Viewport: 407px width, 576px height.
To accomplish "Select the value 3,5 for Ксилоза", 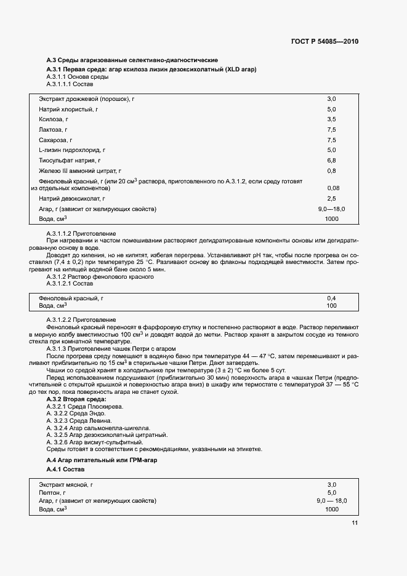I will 331,119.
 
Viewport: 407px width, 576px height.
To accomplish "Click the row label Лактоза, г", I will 53,129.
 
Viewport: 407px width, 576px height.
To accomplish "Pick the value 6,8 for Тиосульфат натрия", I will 331,160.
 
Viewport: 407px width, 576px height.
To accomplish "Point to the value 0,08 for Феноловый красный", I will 334,188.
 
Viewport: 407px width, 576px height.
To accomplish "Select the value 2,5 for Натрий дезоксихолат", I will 331,198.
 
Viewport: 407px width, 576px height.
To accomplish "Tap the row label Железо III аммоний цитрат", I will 79,170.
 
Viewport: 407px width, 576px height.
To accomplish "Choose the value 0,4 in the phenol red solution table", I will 331,298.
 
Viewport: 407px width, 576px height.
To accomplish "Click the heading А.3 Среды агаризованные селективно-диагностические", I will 132,60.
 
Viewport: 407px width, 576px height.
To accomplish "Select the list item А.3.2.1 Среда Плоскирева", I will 85,407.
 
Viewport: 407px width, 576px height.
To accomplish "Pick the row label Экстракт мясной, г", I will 66,484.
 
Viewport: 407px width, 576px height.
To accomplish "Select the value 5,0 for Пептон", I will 331,492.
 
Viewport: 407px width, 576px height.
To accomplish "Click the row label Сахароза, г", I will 55,140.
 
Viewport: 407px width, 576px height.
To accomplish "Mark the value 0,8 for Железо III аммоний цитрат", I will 331,170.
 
